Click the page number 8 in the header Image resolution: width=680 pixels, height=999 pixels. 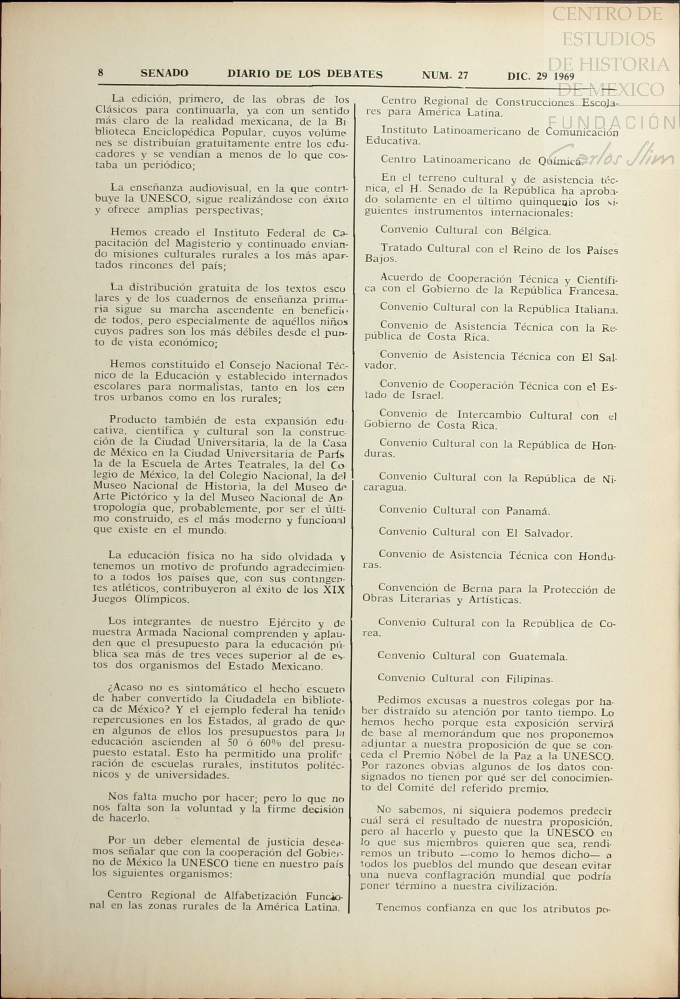[x=101, y=73]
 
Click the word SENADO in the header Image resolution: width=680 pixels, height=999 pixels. [x=164, y=74]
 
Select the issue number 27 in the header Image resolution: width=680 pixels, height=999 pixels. [x=462, y=75]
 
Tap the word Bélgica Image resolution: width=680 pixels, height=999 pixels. [x=531, y=231]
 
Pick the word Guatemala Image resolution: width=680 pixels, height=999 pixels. [x=538, y=657]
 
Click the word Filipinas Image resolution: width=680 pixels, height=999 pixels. [x=529, y=679]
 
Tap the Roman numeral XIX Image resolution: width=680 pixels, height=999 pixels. [x=334, y=589]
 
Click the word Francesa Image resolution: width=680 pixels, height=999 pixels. [x=595, y=292]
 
